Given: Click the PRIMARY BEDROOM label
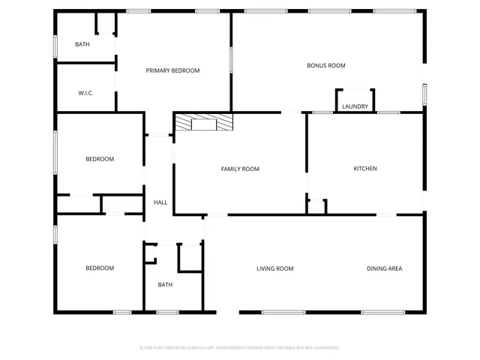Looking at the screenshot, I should [x=172, y=70].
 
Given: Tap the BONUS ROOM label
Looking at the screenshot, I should [x=325, y=65].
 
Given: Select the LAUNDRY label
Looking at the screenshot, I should [x=355, y=106].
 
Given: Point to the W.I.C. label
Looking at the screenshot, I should [x=85, y=93].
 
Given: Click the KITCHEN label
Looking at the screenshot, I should [x=365, y=168].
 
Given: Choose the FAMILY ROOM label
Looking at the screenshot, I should [x=240, y=169].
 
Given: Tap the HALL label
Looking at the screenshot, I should [x=160, y=202].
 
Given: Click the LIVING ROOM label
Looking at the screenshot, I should [x=274, y=268].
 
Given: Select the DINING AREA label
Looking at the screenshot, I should [x=384, y=268].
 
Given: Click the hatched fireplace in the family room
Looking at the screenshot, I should [x=203, y=122].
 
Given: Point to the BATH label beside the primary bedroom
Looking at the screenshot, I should [x=82, y=44].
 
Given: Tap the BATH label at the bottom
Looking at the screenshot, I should [x=165, y=284].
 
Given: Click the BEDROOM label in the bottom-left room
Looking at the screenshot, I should [x=100, y=268].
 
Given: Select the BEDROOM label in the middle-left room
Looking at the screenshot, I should [x=100, y=159].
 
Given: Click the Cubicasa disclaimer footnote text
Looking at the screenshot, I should [x=240, y=348].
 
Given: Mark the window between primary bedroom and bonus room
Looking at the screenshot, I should [x=231, y=60].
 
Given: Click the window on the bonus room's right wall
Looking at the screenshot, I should [x=424, y=94].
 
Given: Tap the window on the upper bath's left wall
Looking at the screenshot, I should [x=55, y=45].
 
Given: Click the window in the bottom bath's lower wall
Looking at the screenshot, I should [x=166, y=312].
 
